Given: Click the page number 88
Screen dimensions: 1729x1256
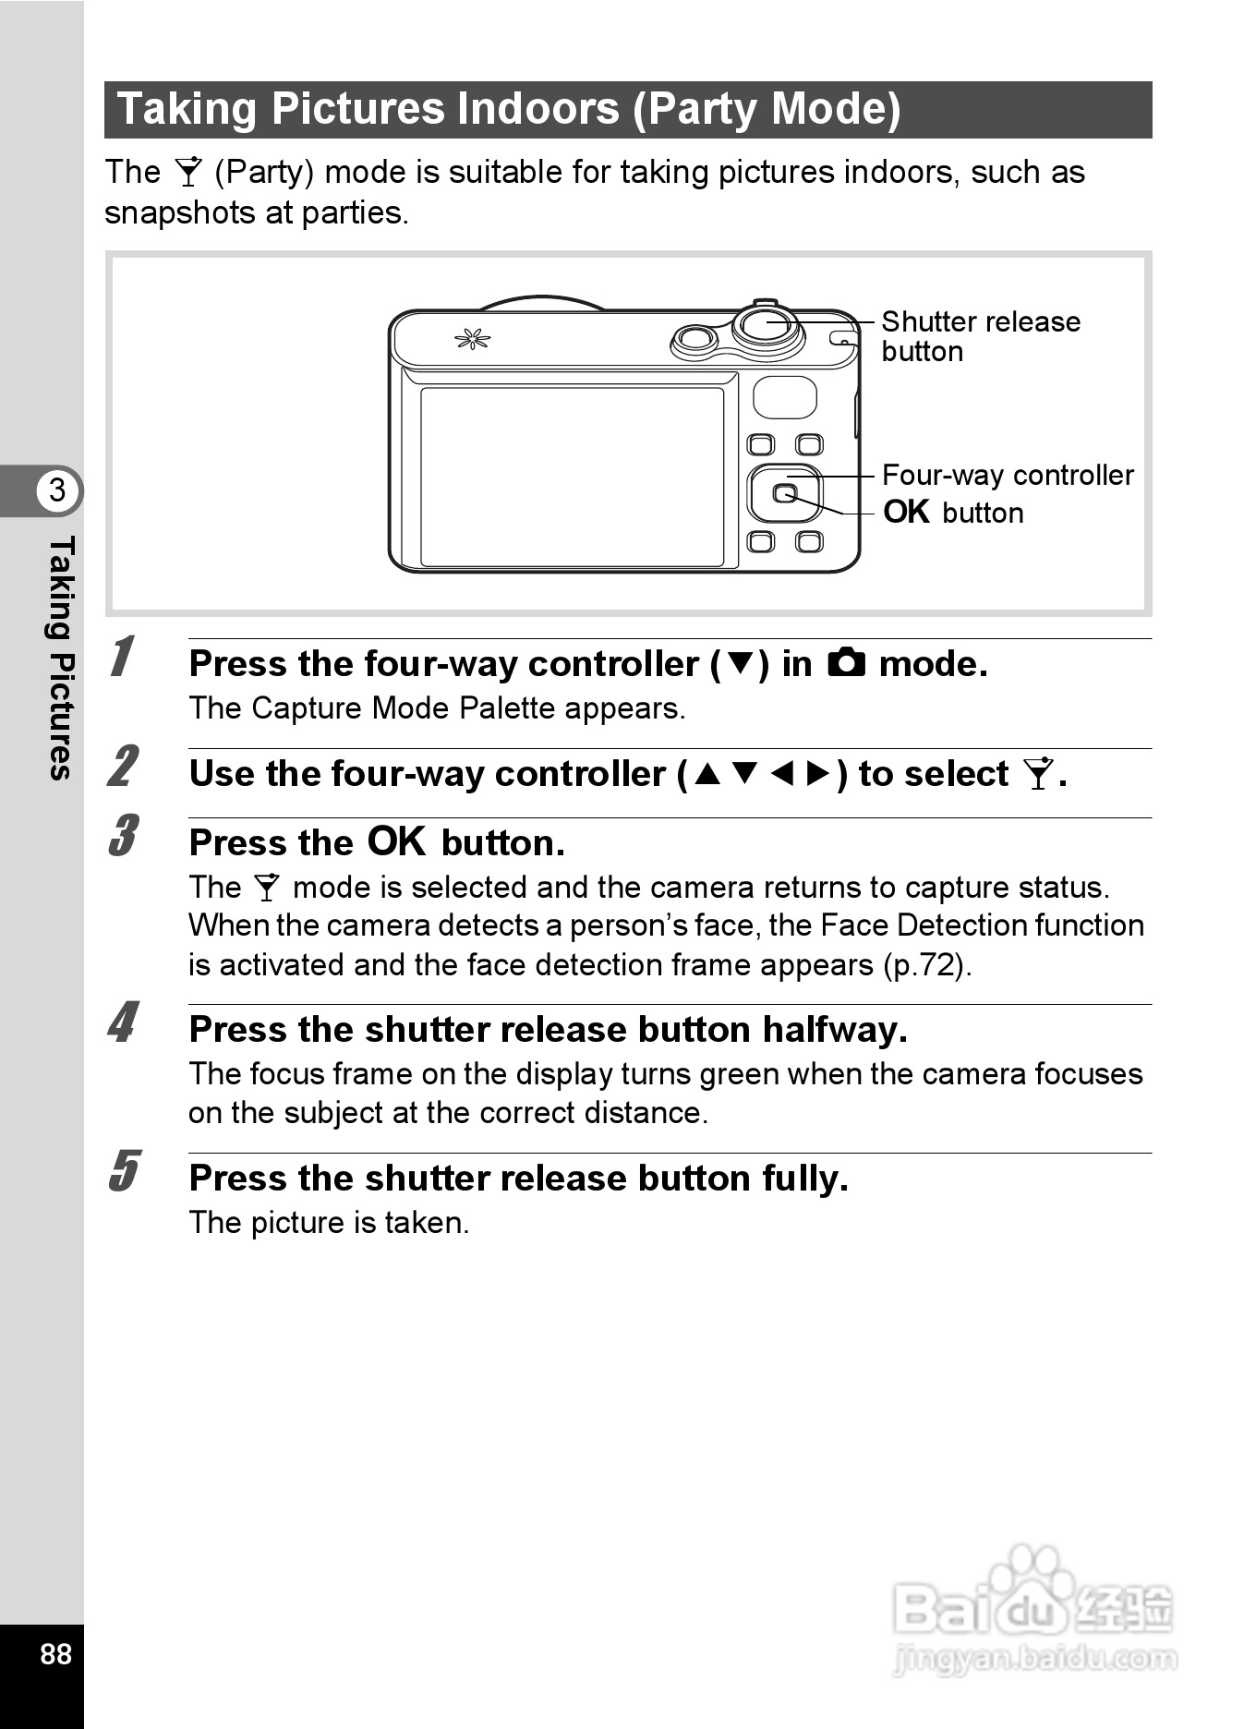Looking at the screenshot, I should point(55,1652).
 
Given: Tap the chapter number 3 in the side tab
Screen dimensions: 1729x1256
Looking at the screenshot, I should point(57,490).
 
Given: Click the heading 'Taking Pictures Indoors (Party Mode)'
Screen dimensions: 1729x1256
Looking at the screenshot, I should point(509,109).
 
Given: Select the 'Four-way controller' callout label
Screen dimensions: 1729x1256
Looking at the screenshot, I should point(1007,475).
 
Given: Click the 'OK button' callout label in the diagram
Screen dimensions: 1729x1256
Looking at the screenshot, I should point(953,513).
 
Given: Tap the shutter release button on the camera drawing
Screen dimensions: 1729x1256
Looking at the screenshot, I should point(767,325).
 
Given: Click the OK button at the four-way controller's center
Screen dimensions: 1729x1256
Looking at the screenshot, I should point(784,493).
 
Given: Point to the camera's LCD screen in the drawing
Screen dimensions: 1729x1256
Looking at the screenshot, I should point(572,477).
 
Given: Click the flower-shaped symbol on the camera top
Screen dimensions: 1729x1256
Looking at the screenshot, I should point(472,340).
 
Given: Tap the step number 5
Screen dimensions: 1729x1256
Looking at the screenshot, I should point(122,1171).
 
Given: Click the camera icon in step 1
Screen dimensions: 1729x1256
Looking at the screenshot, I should point(846,663).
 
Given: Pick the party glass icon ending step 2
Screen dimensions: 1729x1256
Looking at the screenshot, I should point(1038,774).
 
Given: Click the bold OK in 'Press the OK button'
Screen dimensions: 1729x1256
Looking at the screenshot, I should point(396,841).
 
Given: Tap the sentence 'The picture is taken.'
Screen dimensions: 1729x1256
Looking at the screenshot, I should point(329,1223).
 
